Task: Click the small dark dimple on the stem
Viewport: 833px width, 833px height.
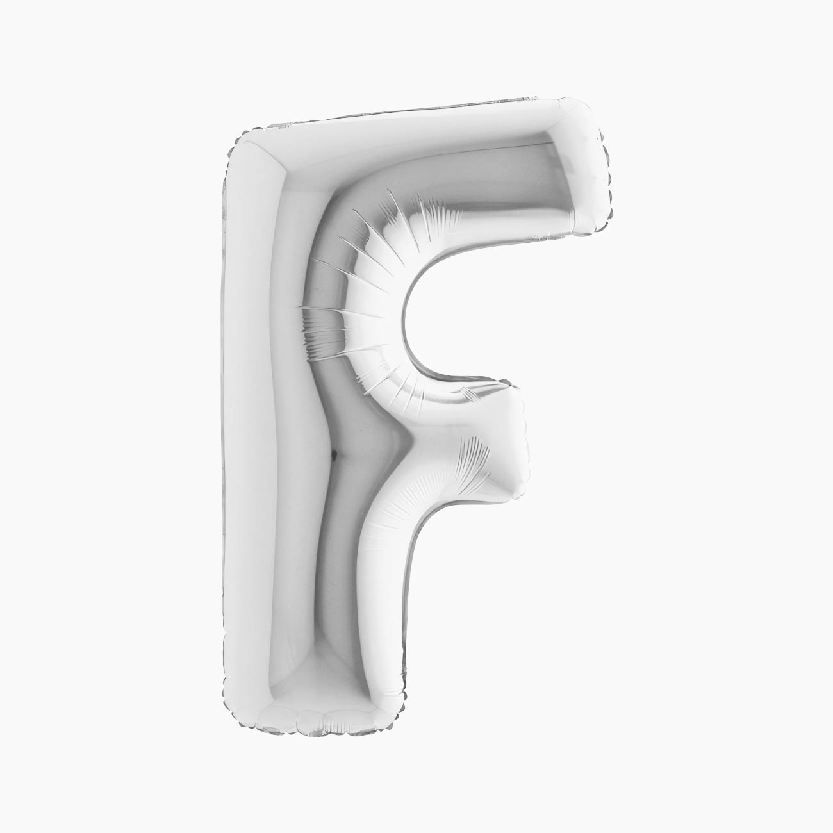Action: pos(334,453)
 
